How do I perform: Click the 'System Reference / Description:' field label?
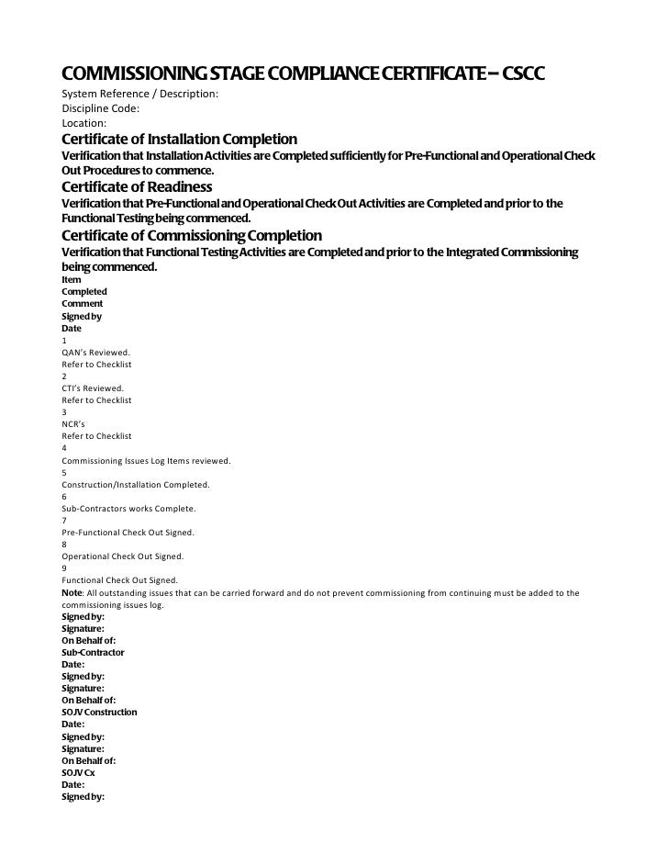139,95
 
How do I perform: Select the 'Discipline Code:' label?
100,108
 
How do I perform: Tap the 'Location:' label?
84,122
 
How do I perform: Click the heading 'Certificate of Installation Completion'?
179,139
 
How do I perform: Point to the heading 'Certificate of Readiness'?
137,186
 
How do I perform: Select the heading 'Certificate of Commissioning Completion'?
191,235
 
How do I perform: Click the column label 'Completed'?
83,291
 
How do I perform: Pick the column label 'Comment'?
82,303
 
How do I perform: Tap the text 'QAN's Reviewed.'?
96,352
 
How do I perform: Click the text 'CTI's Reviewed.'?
93,388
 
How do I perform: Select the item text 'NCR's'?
74,424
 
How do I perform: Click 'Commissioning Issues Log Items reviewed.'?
146,460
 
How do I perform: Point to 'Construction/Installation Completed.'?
136,484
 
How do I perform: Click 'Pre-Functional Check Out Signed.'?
128,532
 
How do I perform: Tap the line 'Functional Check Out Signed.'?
119,580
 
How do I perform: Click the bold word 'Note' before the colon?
72,592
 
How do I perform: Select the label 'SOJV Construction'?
99,712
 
